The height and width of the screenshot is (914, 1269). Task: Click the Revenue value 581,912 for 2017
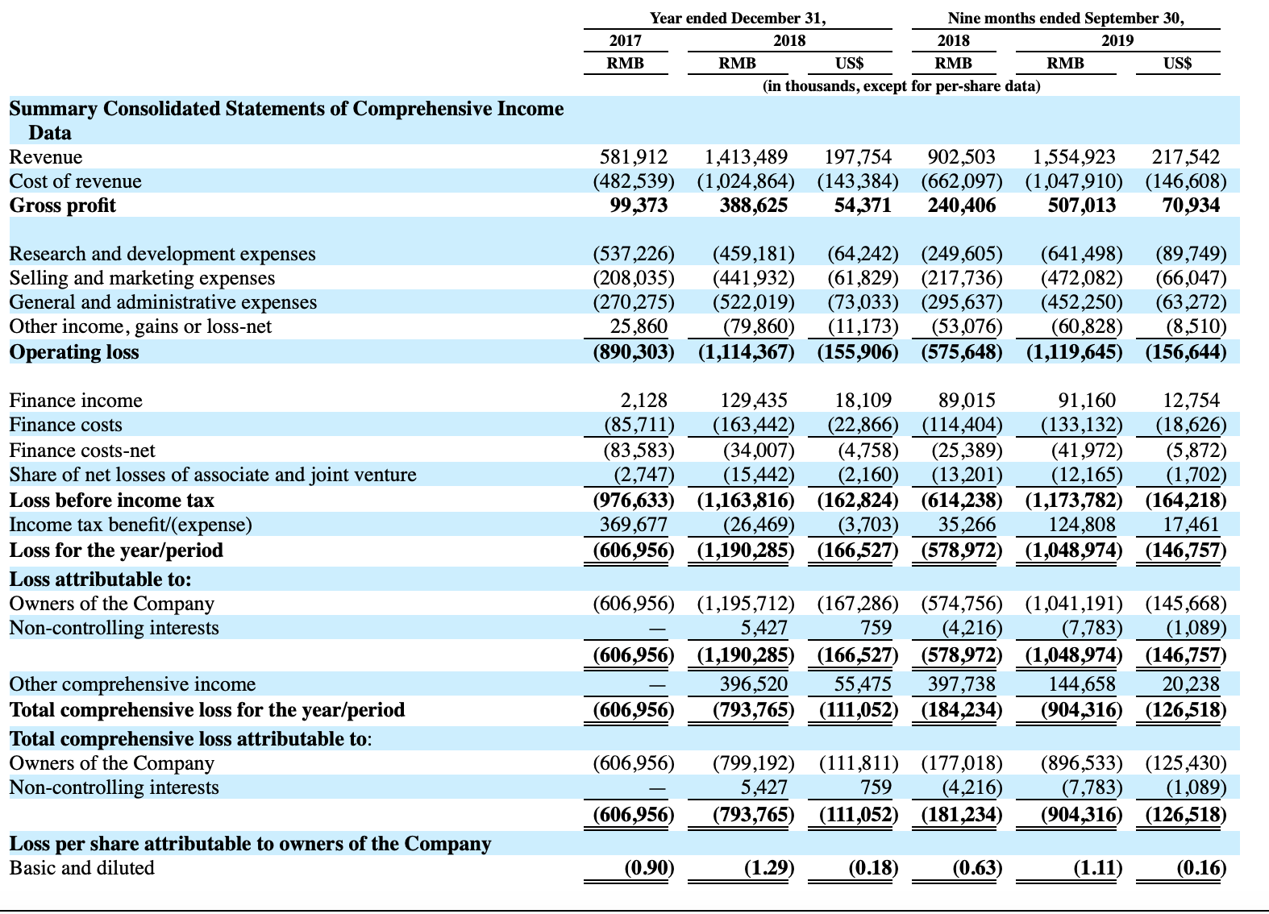coord(634,157)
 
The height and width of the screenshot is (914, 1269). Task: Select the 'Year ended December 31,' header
coord(738,18)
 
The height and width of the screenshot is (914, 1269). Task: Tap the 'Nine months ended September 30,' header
coord(1066,18)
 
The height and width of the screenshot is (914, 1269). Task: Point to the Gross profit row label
coord(62,205)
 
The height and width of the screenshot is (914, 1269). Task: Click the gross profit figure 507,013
coord(1081,205)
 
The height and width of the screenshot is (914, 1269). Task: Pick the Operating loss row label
coord(73,351)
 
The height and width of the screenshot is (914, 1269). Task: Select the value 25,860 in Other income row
coord(639,326)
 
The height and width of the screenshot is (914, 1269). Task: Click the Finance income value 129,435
coord(754,401)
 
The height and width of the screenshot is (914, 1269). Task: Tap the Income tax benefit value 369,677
coord(634,525)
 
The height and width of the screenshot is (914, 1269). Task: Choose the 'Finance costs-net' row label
coord(82,451)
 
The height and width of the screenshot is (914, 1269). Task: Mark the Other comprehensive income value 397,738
coord(961,684)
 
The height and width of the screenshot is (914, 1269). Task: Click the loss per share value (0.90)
coord(649,867)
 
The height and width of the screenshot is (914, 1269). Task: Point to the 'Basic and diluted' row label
coord(81,867)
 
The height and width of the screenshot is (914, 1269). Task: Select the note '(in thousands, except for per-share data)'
coord(901,86)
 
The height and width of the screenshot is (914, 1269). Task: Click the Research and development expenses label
coord(162,254)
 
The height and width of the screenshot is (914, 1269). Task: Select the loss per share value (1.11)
coord(1097,867)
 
